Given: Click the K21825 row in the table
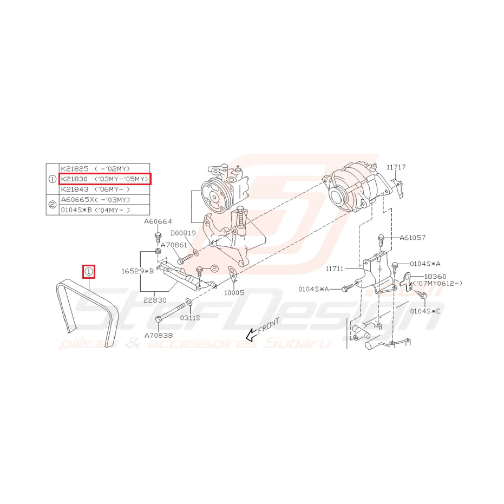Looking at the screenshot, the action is click(x=95, y=169).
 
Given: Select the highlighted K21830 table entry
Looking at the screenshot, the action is click(x=105, y=179).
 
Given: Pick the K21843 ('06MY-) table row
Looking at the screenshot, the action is click(x=95, y=189).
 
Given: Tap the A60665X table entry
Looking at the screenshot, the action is click(x=95, y=200).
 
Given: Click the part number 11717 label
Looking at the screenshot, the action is click(x=396, y=167).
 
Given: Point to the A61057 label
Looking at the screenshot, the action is click(x=413, y=238).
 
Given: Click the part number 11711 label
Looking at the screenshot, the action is click(x=335, y=269).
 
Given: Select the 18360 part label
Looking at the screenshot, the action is click(x=435, y=277).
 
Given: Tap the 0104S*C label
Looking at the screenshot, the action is click(x=425, y=311).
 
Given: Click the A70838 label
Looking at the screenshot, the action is click(x=159, y=336).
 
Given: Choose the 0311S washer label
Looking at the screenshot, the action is click(x=190, y=318).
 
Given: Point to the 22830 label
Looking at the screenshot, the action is click(x=155, y=300).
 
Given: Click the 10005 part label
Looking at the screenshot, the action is click(x=234, y=292).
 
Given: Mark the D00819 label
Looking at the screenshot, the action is click(x=183, y=233).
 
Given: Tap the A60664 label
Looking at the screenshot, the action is click(x=158, y=221).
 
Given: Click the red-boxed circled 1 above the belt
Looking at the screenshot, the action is click(x=89, y=272).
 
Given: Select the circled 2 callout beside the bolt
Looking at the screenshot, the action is click(x=214, y=269).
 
